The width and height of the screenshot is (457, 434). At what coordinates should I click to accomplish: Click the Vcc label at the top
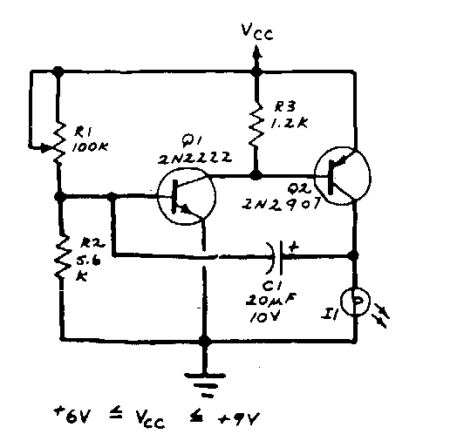tap(257, 31)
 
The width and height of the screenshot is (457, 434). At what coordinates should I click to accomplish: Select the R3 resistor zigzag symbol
tap(256, 124)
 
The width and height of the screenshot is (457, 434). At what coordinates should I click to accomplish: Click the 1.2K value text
tap(289, 123)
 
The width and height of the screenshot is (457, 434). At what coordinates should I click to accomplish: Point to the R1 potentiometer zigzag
tap(59, 143)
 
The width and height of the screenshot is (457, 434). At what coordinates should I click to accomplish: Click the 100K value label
tap(90, 146)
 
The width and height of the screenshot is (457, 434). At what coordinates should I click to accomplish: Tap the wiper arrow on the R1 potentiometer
tap(43, 147)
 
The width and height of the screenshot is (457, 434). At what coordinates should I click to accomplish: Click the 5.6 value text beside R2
tap(88, 260)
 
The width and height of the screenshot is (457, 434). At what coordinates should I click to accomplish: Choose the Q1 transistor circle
tap(187, 196)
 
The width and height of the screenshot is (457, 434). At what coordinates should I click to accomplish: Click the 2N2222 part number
tap(194, 158)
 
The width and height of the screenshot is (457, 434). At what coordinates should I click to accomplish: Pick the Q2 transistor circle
tap(343, 176)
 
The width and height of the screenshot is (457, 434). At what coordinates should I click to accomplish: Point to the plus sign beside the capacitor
tap(294, 248)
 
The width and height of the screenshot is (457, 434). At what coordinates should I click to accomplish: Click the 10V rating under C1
tap(264, 316)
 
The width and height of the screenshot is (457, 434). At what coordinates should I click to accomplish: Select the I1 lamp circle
tap(355, 302)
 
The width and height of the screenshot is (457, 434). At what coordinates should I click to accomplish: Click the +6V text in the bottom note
tap(72, 416)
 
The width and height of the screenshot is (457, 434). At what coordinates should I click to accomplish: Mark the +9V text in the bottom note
tap(238, 418)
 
